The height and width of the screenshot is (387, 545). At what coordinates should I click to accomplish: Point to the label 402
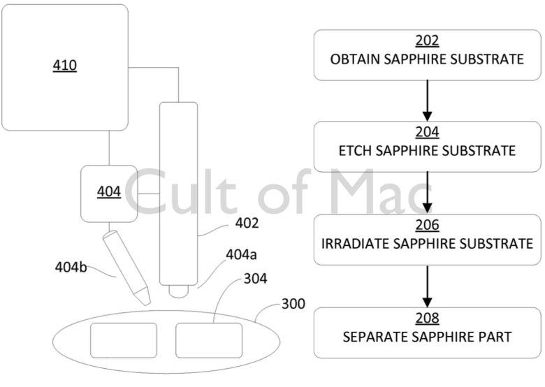(247, 224)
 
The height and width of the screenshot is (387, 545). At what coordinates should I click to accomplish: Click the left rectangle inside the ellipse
(124, 340)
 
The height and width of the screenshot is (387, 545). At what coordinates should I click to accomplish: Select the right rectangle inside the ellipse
(209, 340)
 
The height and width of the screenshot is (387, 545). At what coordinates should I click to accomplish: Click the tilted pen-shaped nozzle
(126, 267)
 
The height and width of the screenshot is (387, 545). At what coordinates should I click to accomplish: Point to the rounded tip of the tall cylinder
(178, 288)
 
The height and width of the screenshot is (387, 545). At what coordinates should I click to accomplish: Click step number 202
(427, 42)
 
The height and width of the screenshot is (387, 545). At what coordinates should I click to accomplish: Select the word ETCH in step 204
(355, 150)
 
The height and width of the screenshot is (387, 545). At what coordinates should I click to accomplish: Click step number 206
(427, 226)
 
